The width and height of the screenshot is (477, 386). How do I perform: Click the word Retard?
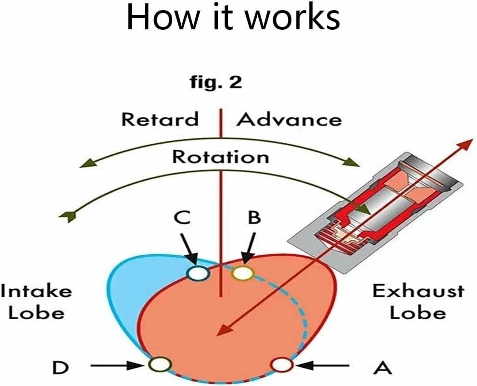pos(159,119)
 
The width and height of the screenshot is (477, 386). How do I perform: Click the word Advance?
pos(289,119)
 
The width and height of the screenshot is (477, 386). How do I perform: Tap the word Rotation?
pos(221,157)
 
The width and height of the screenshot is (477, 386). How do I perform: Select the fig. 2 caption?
pos(215,83)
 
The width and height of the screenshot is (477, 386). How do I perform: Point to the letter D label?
pos(60,368)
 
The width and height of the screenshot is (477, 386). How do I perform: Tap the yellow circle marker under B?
pos(243,273)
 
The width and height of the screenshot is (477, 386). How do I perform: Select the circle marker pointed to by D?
pos(160,365)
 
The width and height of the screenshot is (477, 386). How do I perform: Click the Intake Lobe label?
pos(36,302)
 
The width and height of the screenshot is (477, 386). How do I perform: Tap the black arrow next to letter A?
pos(327,366)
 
